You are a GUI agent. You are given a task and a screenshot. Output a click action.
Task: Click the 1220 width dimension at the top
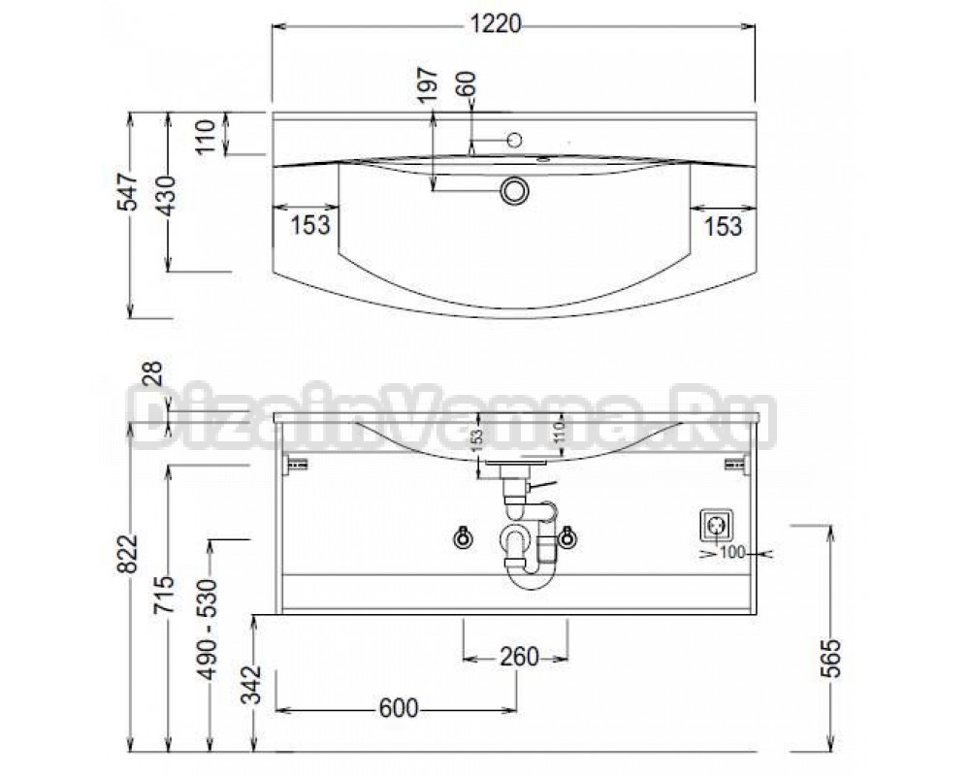(x=496, y=24)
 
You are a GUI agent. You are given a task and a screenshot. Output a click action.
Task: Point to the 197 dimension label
(x=428, y=84)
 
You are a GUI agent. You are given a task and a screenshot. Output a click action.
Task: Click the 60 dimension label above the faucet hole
(x=468, y=82)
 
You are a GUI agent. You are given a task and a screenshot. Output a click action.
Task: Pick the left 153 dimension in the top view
(x=310, y=225)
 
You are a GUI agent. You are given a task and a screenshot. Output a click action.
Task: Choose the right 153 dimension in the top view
(x=723, y=226)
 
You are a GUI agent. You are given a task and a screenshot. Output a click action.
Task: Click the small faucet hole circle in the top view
(x=514, y=141)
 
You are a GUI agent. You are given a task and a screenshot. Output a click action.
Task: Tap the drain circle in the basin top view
(x=513, y=190)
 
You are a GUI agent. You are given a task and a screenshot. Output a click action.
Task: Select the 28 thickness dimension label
(x=153, y=374)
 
